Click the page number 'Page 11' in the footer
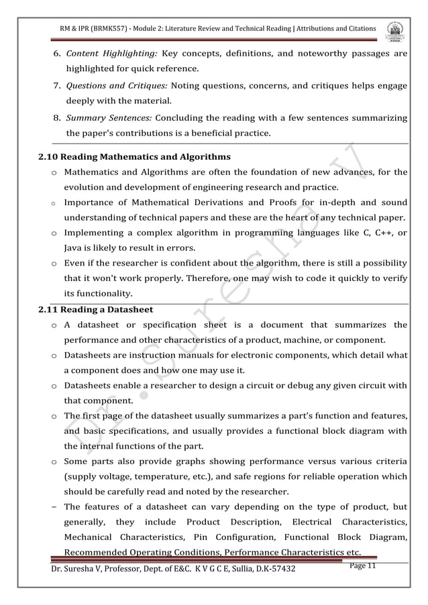[364, 567]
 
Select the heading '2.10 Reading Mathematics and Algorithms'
[135, 157]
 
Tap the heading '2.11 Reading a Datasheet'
[95, 309]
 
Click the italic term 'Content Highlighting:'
[111, 54]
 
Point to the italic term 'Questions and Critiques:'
[117, 86]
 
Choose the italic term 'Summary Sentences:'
[109, 118]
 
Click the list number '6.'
[58, 54]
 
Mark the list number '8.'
[58, 118]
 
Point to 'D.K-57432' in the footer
[272, 569]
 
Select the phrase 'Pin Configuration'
[232, 537]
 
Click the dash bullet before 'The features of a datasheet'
[53, 506]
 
